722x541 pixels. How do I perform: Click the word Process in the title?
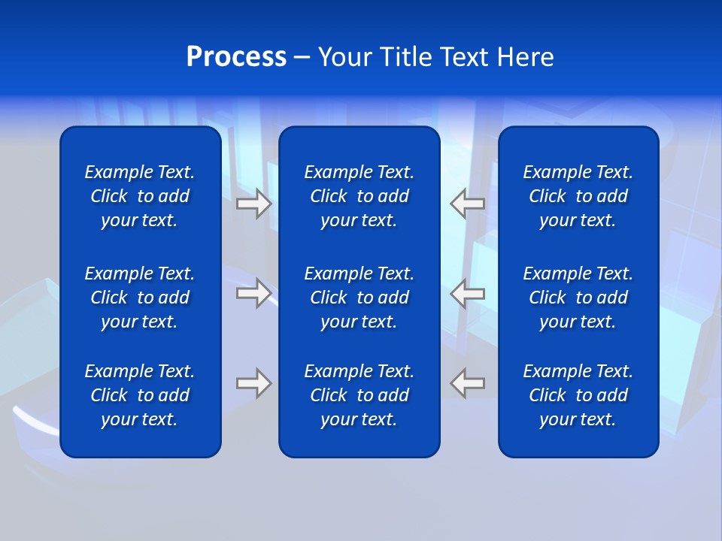[x=236, y=57]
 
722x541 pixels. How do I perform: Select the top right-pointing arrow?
[x=254, y=204]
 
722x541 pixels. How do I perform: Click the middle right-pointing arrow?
[x=254, y=293]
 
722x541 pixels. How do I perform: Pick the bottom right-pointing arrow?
[x=254, y=383]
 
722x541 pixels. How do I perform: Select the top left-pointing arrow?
[x=467, y=204]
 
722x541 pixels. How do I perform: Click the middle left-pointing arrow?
[x=467, y=293]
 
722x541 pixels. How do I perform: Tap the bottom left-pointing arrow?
[x=467, y=383]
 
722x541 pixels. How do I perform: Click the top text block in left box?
[x=140, y=196]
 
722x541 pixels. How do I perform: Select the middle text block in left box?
[x=140, y=298]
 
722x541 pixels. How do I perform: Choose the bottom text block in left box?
[x=140, y=395]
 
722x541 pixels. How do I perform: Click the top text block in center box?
[x=359, y=196]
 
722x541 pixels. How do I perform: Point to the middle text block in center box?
[x=359, y=298]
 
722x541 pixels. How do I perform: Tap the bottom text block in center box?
[x=359, y=395]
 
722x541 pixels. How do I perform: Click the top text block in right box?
[x=578, y=196]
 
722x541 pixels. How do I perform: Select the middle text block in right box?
[x=578, y=298]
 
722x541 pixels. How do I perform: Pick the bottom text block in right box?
[x=578, y=395]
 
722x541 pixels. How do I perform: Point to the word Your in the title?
[x=345, y=57]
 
